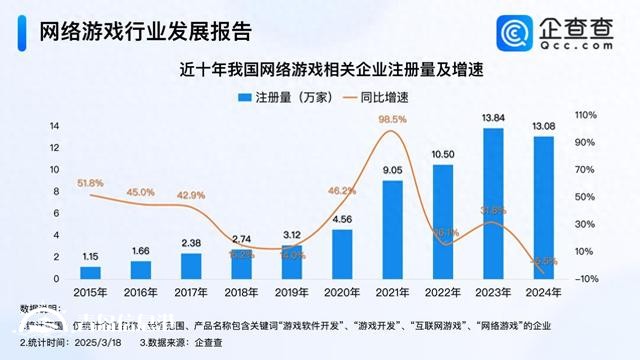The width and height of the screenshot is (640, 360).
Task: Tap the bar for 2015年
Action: (x=91, y=272)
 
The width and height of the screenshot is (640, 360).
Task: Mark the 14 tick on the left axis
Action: (x=55, y=125)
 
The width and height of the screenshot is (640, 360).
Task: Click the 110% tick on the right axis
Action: (x=586, y=116)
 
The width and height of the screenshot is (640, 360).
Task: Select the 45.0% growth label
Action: (x=140, y=192)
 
